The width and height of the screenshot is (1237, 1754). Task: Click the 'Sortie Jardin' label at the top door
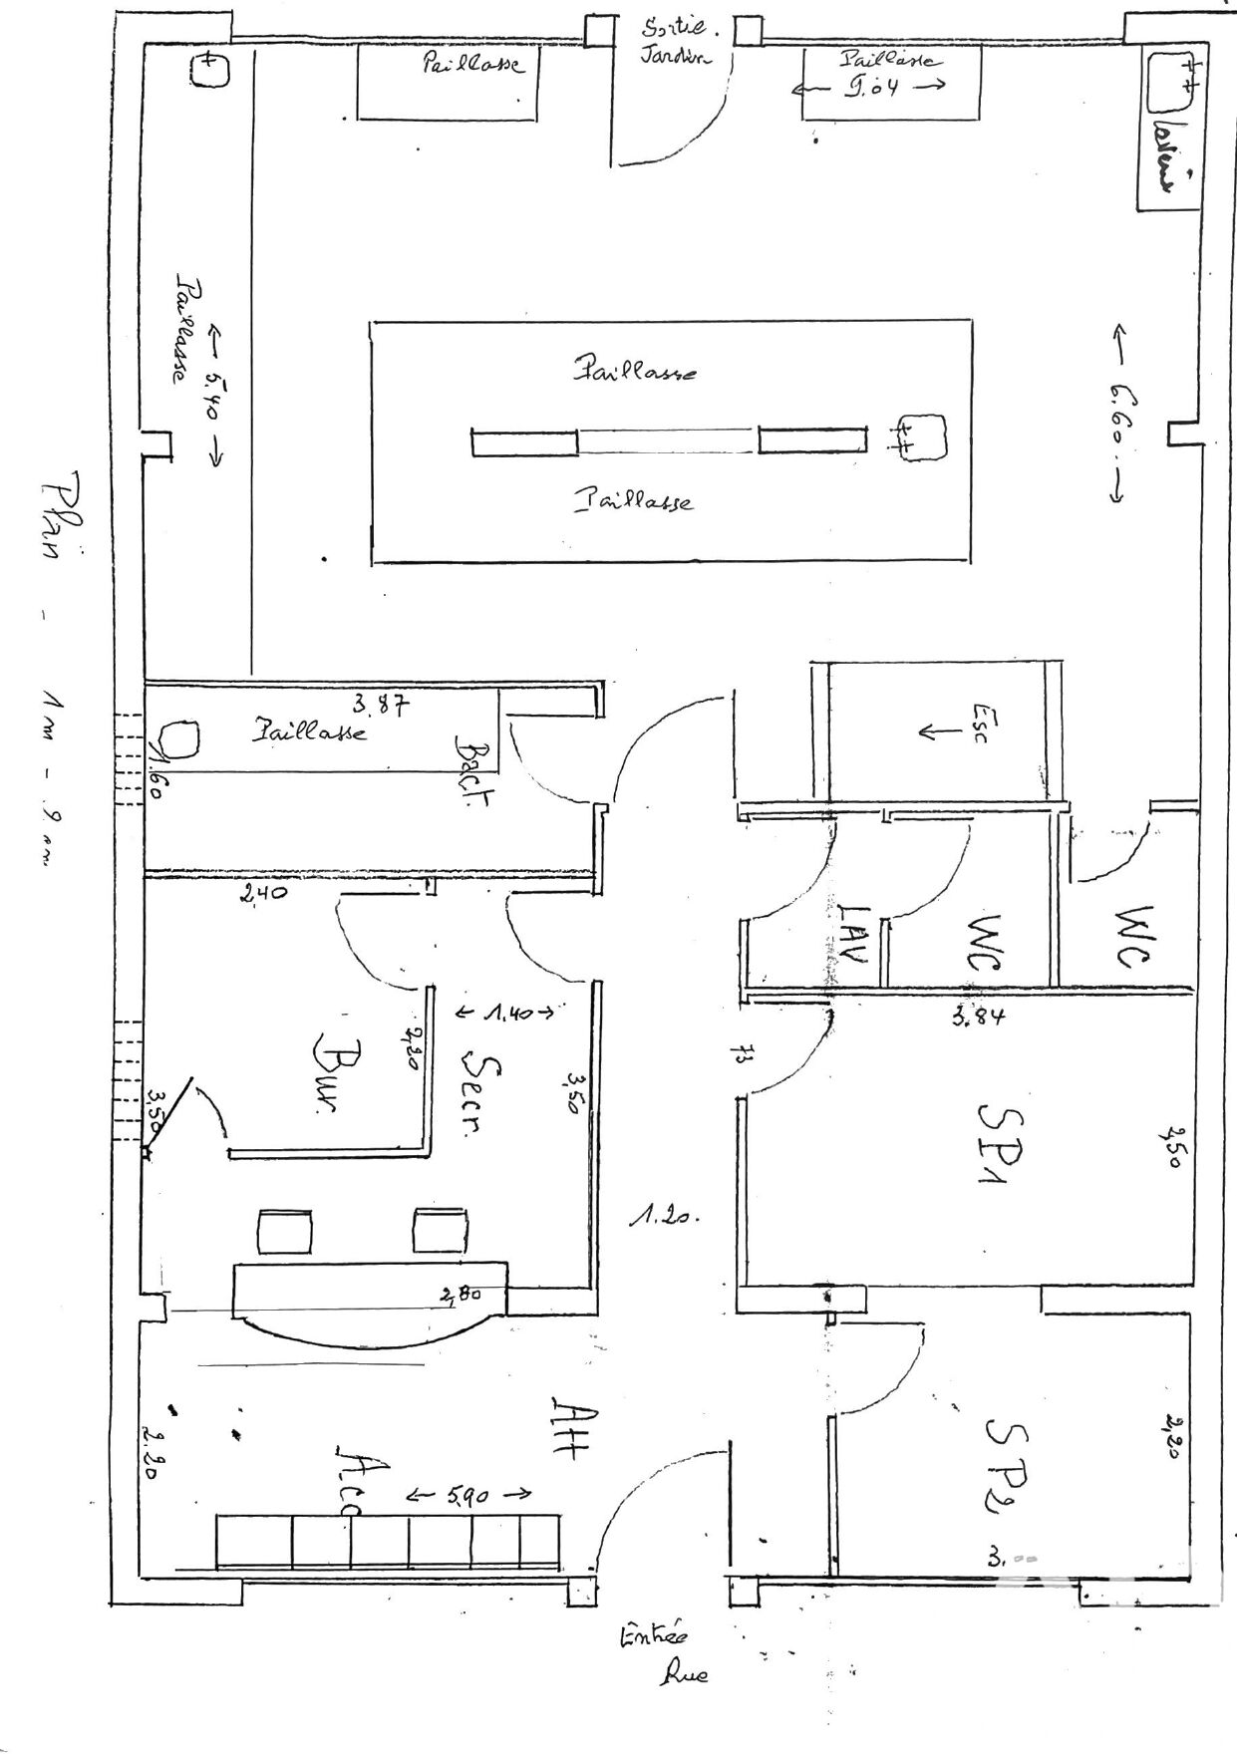675,41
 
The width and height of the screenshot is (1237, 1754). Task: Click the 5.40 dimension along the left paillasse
213,397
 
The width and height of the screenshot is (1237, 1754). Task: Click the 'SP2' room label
1006,1457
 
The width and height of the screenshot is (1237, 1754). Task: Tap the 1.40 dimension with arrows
503,1013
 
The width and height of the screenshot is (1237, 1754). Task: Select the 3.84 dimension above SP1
976,1017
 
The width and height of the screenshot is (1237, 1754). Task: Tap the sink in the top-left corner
206,70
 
